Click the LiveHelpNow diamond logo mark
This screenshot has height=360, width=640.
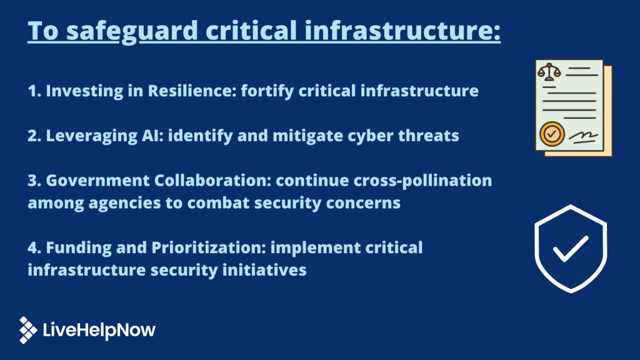coord(28,330)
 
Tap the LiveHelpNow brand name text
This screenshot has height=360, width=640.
coord(99,331)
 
